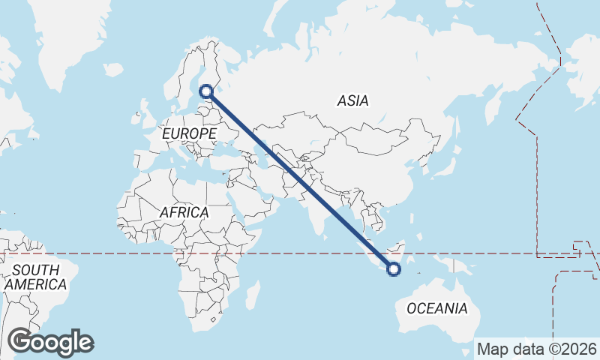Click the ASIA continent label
pos(352,100)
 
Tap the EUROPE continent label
pos(189,133)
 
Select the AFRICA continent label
pos(184,213)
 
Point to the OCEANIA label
pos(436,308)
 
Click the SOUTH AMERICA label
pos(35,277)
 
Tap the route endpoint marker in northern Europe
pos(207,92)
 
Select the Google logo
pos(50,342)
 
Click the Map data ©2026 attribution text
pos(537,349)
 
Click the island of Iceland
pos(113,69)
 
